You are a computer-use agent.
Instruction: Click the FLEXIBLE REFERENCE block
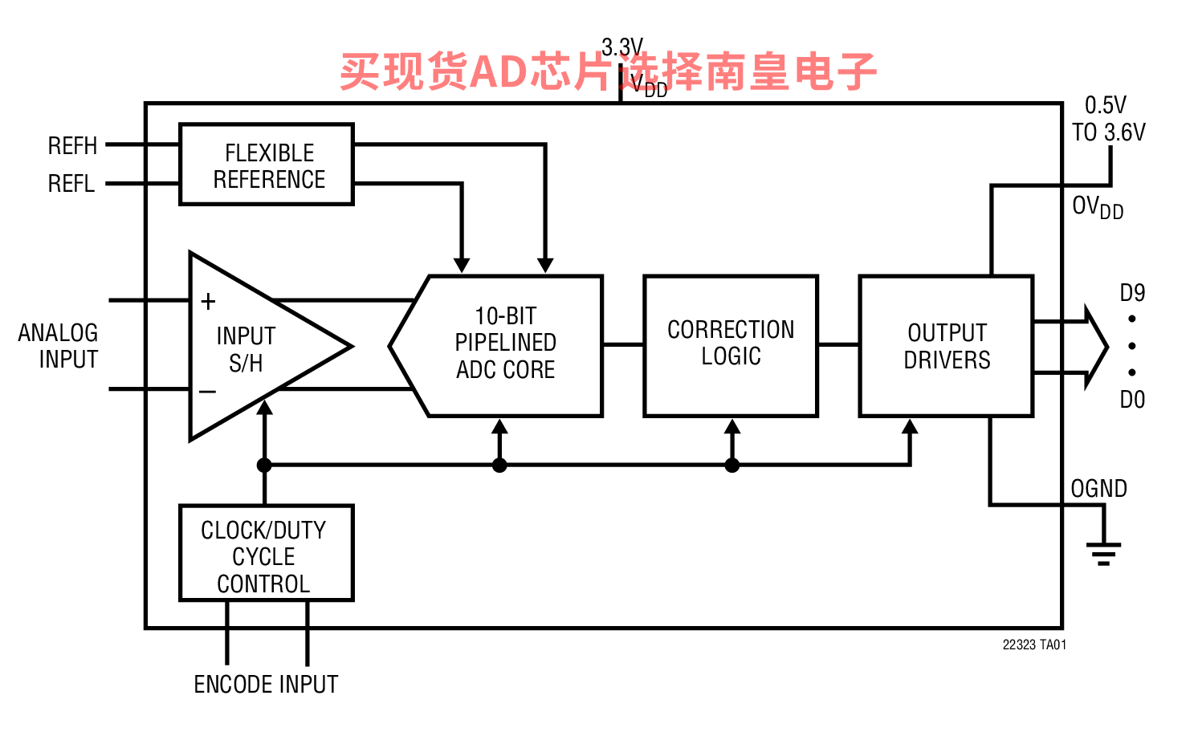point(267,165)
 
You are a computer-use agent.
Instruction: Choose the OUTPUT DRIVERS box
point(946,346)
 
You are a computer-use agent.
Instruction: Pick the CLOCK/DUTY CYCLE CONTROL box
point(265,554)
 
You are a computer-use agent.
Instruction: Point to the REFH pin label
point(72,146)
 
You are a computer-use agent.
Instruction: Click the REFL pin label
point(71,184)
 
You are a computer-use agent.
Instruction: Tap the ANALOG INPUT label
point(59,346)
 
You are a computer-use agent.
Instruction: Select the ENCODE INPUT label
point(266,685)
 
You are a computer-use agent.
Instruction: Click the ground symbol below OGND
point(1103,553)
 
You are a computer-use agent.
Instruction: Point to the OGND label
point(1098,489)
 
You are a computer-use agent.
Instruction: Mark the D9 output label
point(1132,293)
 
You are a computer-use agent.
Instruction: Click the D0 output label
point(1132,400)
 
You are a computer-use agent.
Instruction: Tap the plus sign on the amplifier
point(208,302)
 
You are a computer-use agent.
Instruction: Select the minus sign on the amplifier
point(207,392)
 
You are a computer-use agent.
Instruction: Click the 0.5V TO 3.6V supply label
point(1108,119)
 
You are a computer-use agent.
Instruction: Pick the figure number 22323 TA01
point(1034,645)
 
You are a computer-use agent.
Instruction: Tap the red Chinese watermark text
point(608,71)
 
